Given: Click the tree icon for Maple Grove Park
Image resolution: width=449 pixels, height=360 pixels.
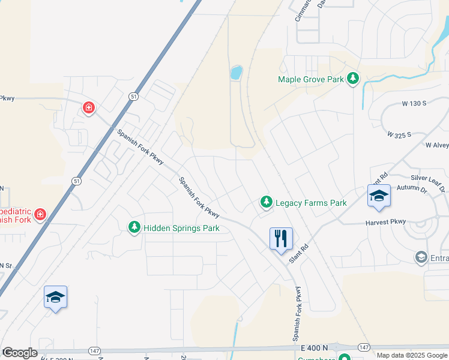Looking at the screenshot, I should click(x=354, y=79).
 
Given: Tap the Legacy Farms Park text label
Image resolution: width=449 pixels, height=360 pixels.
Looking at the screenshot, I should click(x=311, y=203).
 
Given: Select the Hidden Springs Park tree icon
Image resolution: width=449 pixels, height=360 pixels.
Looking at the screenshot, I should click(x=134, y=227).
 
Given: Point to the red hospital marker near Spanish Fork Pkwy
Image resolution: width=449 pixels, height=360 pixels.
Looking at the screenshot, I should click(x=89, y=108).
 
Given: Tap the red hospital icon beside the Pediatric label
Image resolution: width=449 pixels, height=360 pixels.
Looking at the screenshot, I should click(x=40, y=214).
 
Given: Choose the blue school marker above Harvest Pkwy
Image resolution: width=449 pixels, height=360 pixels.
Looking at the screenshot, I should click(x=379, y=196).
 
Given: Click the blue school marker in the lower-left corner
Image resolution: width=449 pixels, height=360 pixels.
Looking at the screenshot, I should click(x=55, y=297).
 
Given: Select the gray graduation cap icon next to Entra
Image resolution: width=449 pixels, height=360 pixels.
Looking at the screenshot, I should click(x=421, y=258).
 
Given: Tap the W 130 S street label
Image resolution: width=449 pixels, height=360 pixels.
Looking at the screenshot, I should click(x=414, y=103).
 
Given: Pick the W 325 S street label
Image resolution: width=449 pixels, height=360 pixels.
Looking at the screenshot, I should click(x=399, y=134).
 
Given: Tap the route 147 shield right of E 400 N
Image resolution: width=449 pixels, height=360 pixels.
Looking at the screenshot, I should click(x=364, y=347).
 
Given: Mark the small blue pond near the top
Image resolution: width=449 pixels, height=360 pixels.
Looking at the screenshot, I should click(x=237, y=73).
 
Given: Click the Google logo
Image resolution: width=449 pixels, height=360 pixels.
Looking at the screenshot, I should click(x=20, y=353).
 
